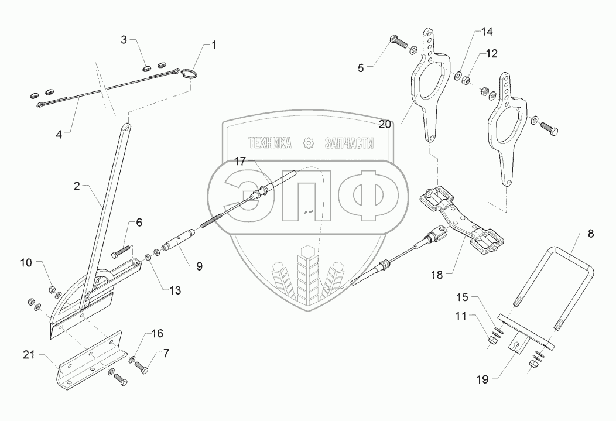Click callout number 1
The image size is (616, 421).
214,45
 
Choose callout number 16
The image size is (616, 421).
156,334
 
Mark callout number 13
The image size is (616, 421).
175,289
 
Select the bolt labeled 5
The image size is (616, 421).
399,42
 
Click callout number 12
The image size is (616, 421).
491,53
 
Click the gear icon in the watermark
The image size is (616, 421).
307,143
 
